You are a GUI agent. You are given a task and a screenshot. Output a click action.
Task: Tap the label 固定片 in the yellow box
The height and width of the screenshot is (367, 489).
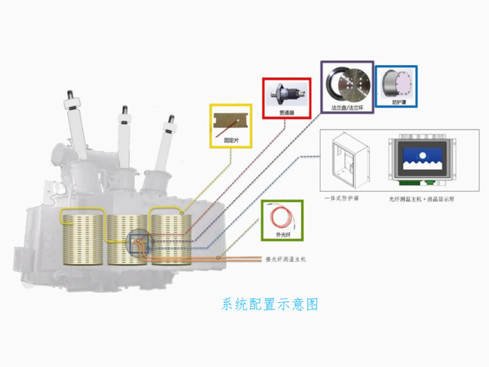click(x=230, y=141)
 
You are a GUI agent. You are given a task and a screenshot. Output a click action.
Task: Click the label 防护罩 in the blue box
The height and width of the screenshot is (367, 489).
click(x=396, y=102)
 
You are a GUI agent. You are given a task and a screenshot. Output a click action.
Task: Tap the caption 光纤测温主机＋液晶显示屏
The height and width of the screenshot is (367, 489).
click(x=422, y=199)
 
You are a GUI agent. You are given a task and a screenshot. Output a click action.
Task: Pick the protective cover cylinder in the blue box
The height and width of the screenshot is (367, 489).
click(x=396, y=83)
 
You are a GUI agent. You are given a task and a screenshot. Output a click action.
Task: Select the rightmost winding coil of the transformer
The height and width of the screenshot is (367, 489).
click(x=170, y=239)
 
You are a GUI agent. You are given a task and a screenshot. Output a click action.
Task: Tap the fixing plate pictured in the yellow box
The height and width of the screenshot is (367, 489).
click(x=230, y=124)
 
